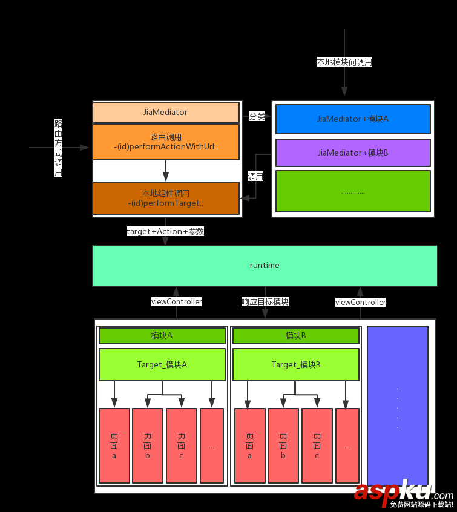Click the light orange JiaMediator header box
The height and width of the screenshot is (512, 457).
pos(165,113)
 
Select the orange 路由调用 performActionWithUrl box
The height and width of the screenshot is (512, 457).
pos(165,142)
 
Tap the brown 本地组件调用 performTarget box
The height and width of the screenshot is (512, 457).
pos(165,198)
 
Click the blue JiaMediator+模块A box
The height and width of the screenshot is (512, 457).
pos(353,119)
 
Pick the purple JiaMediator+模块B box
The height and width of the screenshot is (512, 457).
pos(353,153)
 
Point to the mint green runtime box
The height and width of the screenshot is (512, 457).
pos(265,266)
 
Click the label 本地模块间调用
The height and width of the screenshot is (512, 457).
pos(344,62)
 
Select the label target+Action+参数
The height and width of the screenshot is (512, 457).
pos(165,231)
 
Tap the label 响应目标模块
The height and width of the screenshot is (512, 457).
pos(265,301)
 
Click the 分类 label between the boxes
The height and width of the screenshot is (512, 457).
pos(257,116)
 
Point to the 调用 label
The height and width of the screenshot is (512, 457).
pos(255,177)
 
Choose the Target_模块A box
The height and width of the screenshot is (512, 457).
pos(162,364)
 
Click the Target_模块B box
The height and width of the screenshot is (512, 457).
pos(296,364)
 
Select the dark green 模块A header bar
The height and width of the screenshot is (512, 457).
pos(162,336)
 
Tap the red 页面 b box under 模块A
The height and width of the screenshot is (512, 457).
pos(147,445)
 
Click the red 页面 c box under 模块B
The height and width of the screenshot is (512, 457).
pos(317,445)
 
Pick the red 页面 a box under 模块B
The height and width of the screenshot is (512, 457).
pos(249,445)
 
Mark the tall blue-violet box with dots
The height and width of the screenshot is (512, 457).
pos(397,405)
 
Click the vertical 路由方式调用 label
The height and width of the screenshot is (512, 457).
pos(59,148)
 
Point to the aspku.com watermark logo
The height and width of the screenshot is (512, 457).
pos(403,493)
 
